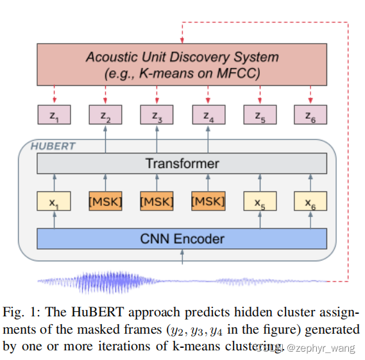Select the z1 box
pos(54,116)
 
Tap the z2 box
pos(105,116)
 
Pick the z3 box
pos(157,116)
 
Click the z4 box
pos(208,116)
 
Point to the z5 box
pos(260,116)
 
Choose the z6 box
pos(310,116)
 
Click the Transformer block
pos(182,164)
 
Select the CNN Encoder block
pos(182,239)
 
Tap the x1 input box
pos(54,201)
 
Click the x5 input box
pos(260,201)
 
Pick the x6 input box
pos(310,201)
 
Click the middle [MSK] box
pos(157,201)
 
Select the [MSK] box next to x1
pos(105,201)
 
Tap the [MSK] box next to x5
pos(208,201)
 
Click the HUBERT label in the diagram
pos(53,146)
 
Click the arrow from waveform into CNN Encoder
pos(183,257)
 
